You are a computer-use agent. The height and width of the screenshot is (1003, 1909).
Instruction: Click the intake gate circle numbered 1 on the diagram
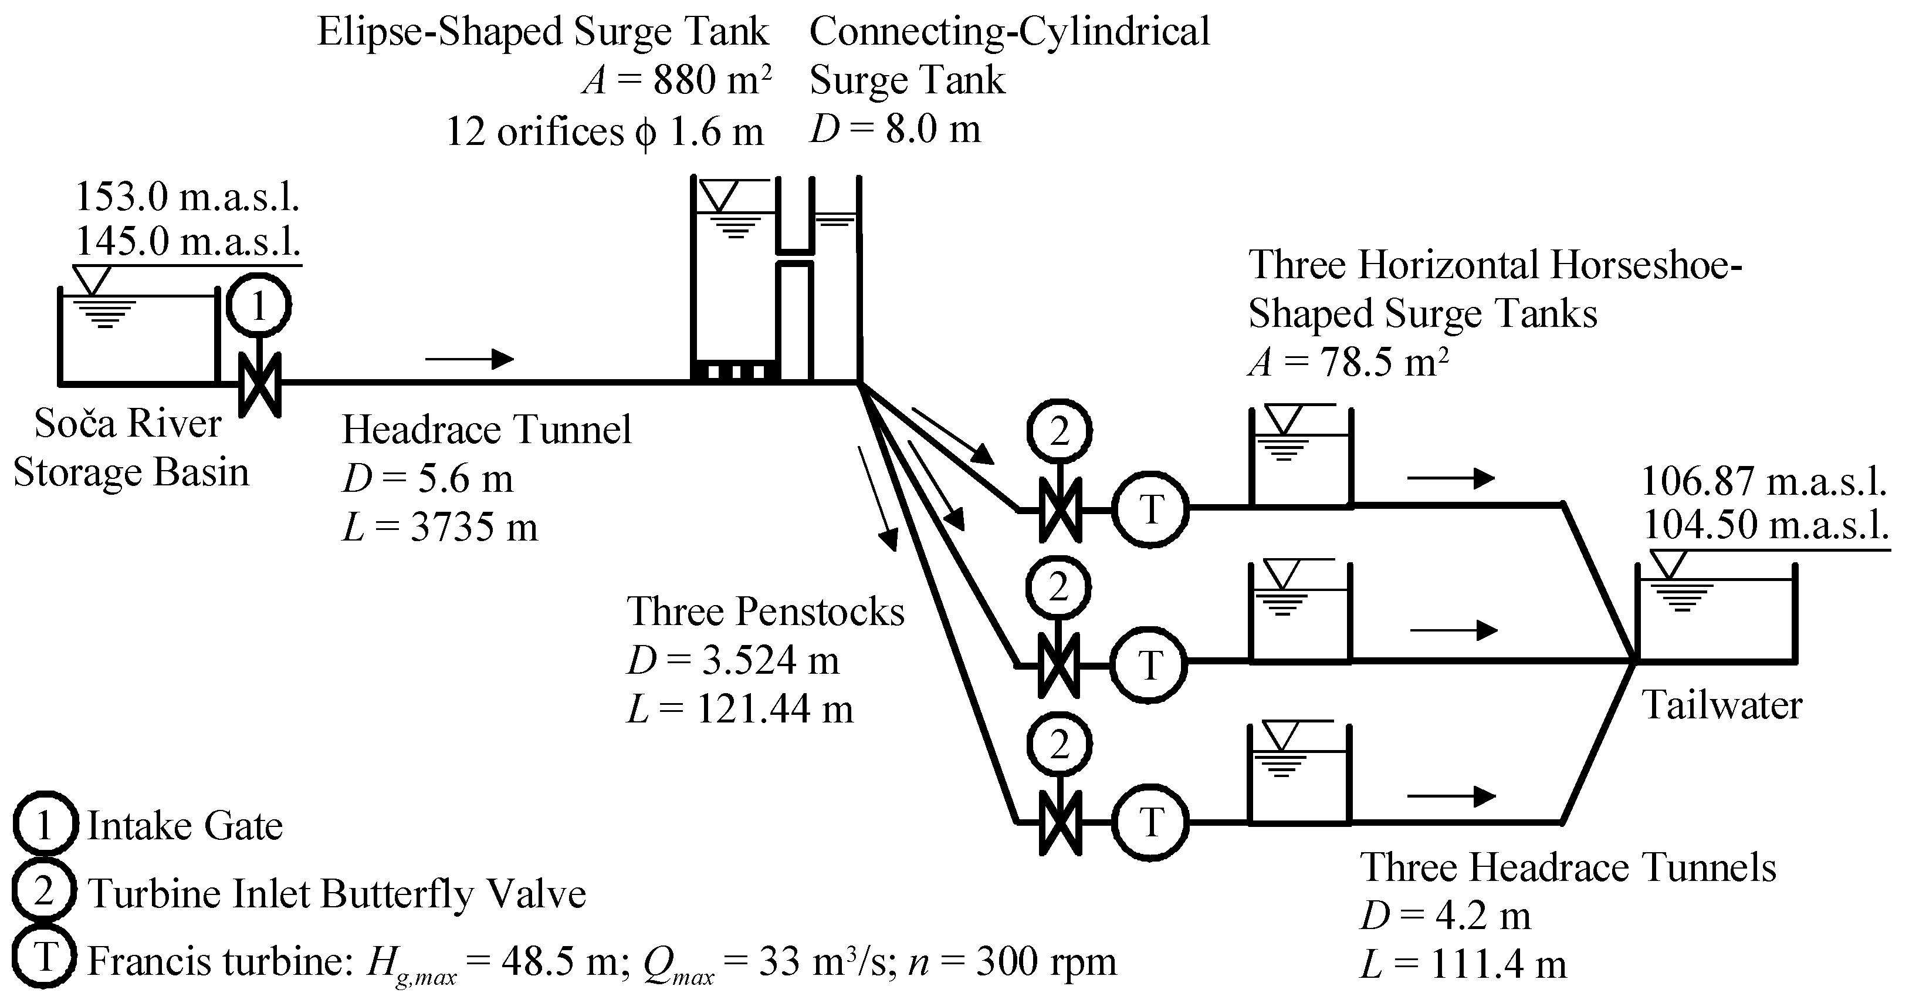click(x=258, y=305)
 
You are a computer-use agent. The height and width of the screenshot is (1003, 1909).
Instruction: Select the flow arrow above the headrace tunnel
click(x=470, y=360)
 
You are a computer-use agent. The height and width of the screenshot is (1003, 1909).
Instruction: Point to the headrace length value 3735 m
click(x=473, y=528)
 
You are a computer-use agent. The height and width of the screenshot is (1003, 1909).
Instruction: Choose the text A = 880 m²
click(x=676, y=80)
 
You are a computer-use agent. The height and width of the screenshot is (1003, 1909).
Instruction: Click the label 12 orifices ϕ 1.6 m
click(x=605, y=133)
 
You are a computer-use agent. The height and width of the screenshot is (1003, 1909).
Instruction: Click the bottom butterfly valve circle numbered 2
click(x=1059, y=745)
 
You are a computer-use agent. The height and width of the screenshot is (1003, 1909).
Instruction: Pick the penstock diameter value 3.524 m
click(x=771, y=660)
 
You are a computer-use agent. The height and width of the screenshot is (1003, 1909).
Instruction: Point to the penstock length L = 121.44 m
click(x=740, y=710)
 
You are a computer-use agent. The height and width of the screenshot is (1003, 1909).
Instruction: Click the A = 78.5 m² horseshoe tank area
click(x=1349, y=363)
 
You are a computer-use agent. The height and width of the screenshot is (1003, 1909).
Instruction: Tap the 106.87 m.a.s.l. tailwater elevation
click(x=1764, y=482)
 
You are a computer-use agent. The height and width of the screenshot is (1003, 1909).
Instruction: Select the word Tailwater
click(x=1722, y=705)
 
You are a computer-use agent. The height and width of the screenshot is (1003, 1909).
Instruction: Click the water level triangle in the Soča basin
click(x=93, y=280)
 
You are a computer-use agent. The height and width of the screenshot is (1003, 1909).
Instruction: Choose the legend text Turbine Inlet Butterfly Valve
click(x=337, y=893)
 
